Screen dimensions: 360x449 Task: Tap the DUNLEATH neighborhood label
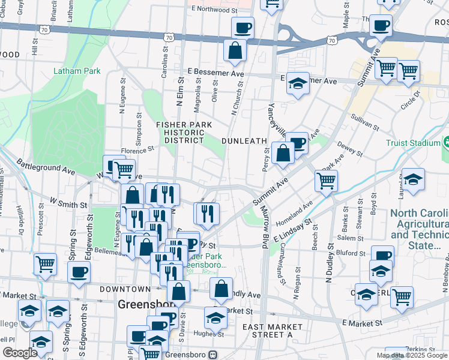pos(244,140)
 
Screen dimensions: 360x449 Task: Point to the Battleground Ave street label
pos(46,167)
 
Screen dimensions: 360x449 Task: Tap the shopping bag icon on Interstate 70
pos(235,52)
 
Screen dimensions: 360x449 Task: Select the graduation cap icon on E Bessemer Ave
pos(297,85)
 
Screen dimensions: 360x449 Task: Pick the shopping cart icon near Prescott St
pos(46,264)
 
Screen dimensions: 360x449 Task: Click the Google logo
pos(20,353)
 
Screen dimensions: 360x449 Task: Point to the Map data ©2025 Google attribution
pos(412,355)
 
